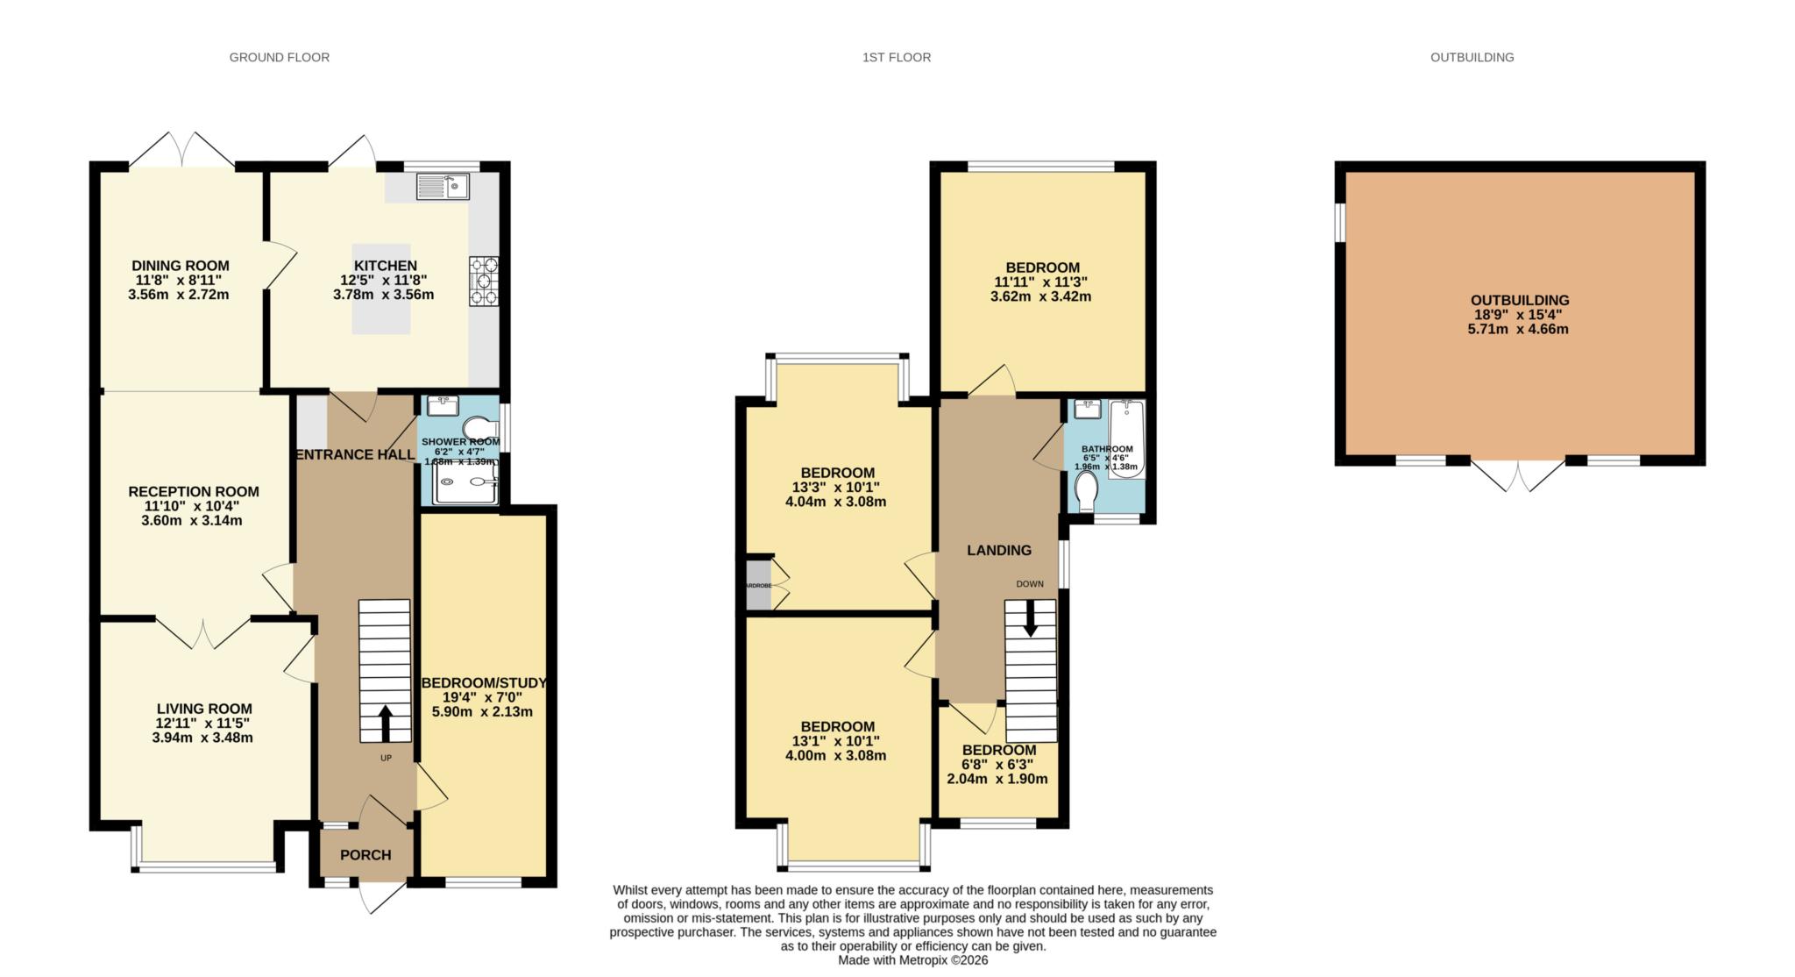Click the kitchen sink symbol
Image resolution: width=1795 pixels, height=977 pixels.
coord(443,187)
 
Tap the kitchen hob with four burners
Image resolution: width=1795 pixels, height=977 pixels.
coord(483,281)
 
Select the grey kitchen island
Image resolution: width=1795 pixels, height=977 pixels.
coord(381,289)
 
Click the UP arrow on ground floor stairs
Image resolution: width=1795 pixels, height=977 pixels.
coord(385,724)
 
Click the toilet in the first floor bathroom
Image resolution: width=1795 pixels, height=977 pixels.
coord(1087,491)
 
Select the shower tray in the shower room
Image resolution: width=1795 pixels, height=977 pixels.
coord(465,481)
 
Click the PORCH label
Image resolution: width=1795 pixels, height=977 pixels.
coord(365,855)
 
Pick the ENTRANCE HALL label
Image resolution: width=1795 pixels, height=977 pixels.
coord(355,454)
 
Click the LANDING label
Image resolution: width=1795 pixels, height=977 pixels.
coord(998,551)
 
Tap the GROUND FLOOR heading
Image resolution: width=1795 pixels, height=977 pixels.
coord(280,58)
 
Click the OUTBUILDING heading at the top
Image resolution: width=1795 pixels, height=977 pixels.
coord(1472,58)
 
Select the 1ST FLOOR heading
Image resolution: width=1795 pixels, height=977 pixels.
coord(896,58)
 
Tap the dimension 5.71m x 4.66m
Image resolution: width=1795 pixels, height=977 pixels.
coord(1518,330)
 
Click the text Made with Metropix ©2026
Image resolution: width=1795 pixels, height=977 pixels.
coord(912,960)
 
